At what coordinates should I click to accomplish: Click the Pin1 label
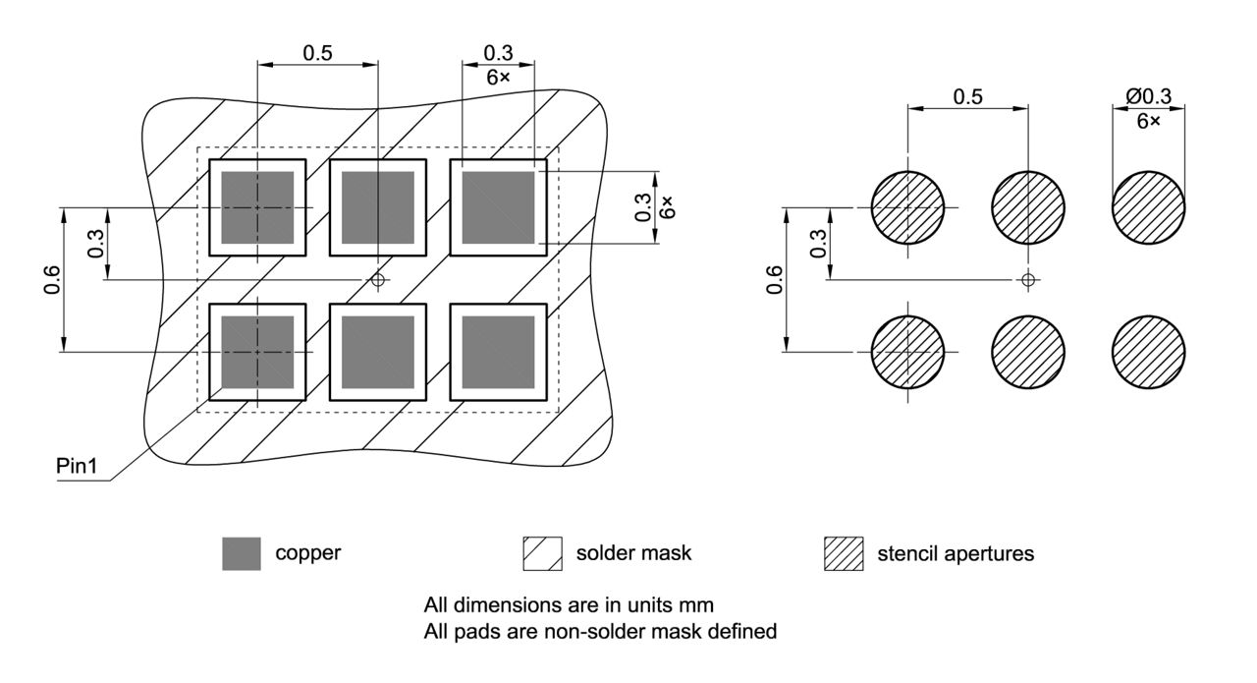[x=77, y=466]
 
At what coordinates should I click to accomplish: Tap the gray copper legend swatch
[x=242, y=554]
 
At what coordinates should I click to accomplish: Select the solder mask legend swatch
[x=543, y=554]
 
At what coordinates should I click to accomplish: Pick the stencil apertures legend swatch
[x=844, y=554]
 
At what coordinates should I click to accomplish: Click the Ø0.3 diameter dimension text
[x=1149, y=96]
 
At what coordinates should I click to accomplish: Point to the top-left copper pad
[x=257, y=207]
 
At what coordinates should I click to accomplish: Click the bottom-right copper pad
[x=498, y=352]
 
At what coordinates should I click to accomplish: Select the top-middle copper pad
[x=378, y=207]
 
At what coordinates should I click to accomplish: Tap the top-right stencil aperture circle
[x=1149, y=207]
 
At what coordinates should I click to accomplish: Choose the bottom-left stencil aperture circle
[x=908, y=352]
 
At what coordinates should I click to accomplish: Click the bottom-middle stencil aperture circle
[x=1028, y=352]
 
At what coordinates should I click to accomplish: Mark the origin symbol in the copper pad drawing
[x=378, y=280]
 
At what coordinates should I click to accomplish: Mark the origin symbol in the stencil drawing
[x=1028, y=280]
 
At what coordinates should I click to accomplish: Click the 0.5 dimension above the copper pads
[x=317, y=53]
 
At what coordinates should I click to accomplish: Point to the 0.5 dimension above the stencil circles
[x=968, y=96]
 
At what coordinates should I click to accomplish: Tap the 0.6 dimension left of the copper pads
[x=52, y=280]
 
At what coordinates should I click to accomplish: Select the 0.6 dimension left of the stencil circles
[x=775, y=280]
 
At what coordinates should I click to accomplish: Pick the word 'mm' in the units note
[x=696, y=605]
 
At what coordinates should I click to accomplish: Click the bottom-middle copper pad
[x=378, y=352]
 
